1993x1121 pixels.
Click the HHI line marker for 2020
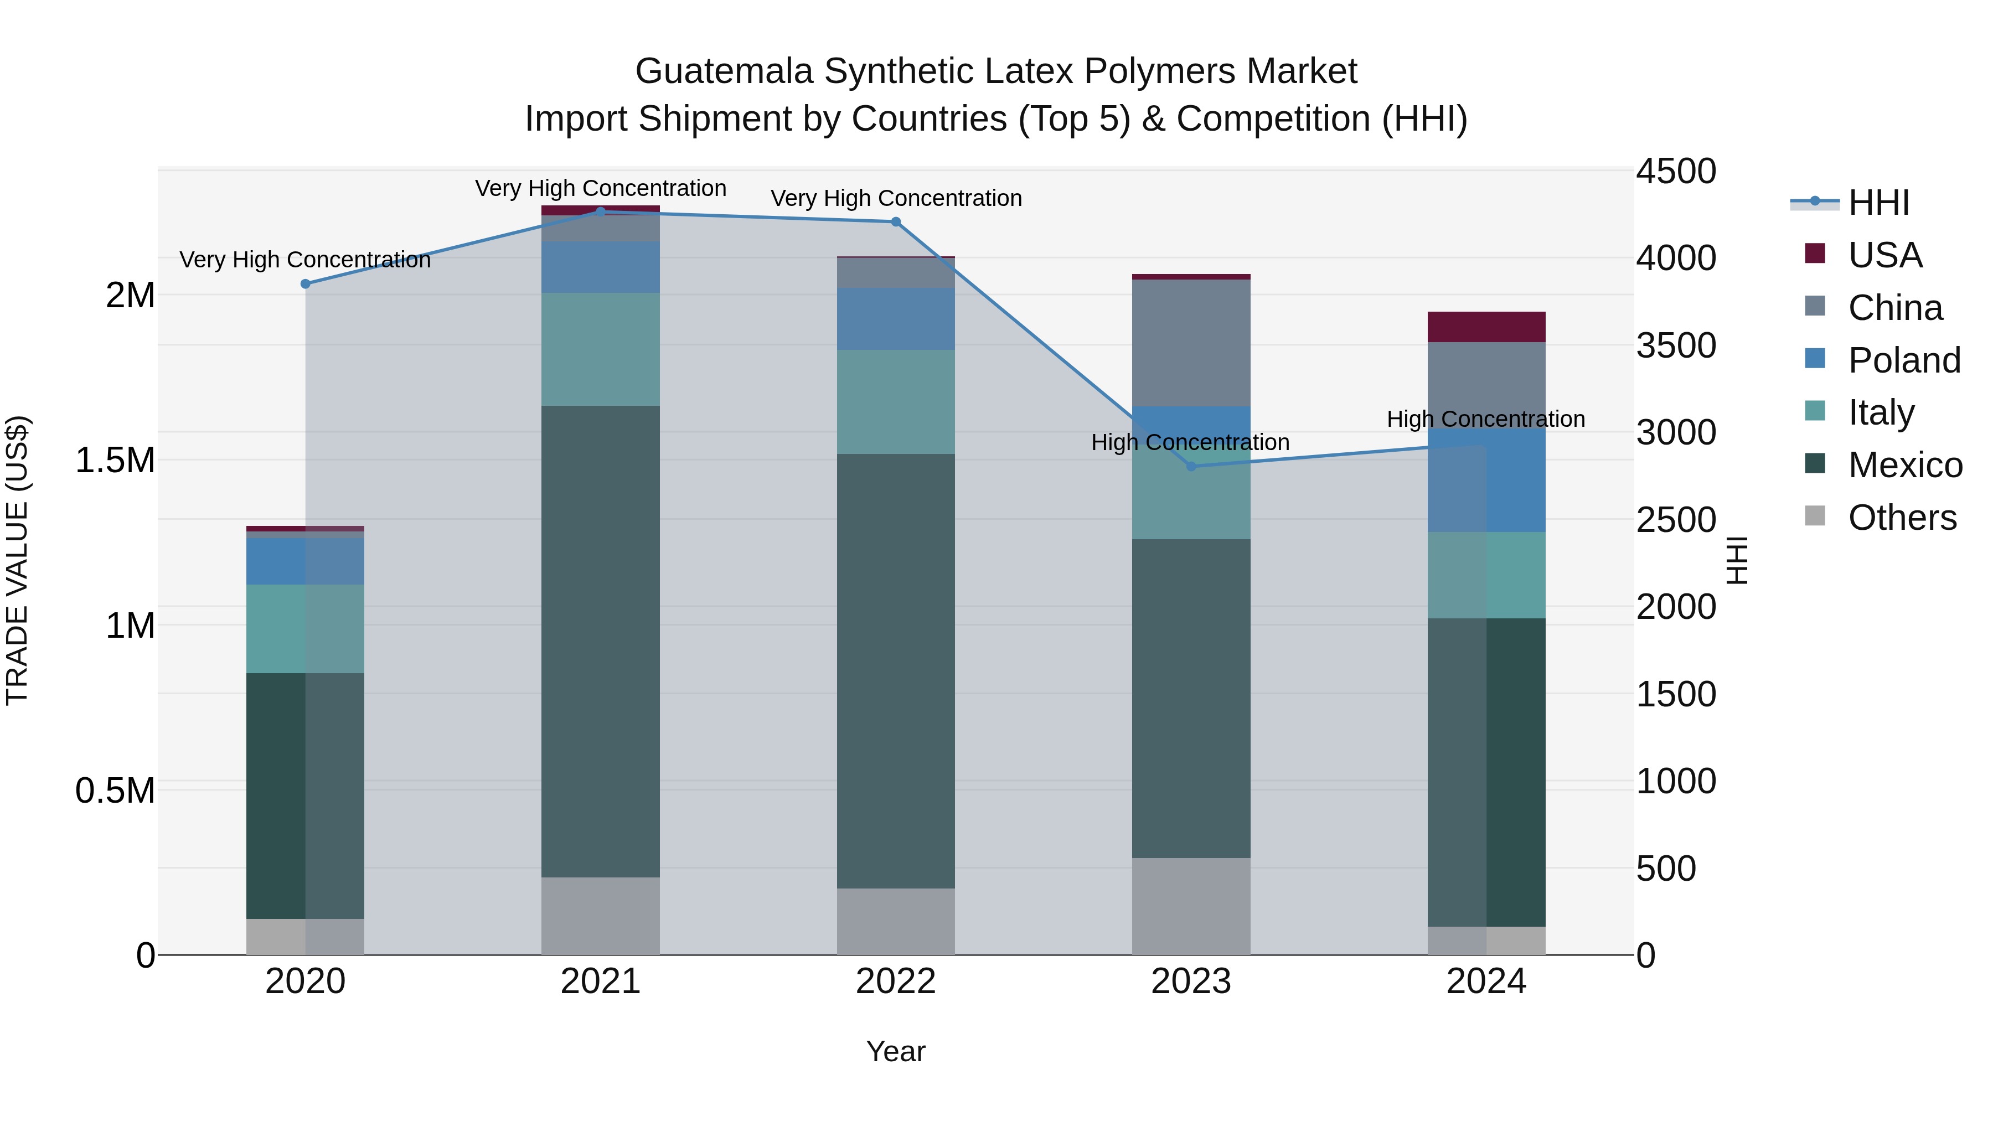point(306,284)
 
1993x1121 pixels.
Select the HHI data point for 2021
point(600,211)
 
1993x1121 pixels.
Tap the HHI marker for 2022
point(896,222)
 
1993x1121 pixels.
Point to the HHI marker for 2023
point(1191,467)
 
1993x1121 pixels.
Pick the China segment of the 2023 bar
point(1191,343)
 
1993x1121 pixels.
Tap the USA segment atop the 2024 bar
point(1486,327)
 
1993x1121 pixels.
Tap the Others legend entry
point(1902,518)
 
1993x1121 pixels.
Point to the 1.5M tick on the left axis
point(115,461)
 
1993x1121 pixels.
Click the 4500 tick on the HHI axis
point(1676,172)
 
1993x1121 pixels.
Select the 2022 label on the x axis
point(896,981)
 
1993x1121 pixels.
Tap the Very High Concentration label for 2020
point(306,260)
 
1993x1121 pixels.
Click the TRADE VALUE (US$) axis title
point(17,560)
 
